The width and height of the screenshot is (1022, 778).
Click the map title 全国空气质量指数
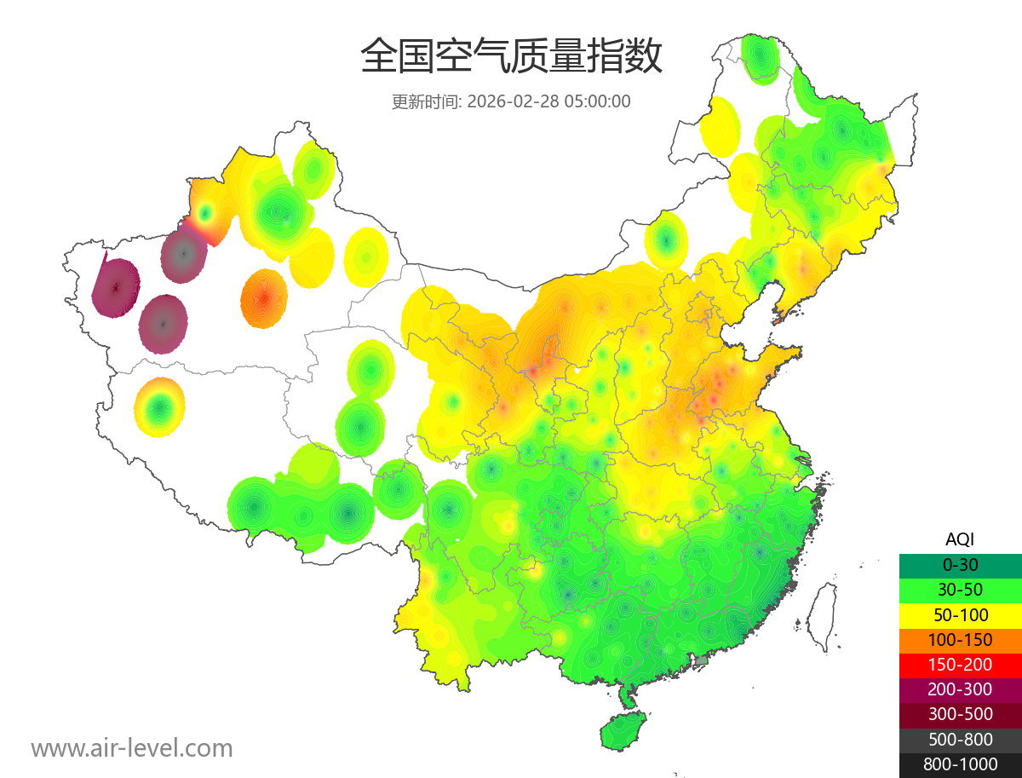pos(511,58)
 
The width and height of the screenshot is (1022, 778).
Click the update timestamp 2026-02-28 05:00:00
pos(549,101)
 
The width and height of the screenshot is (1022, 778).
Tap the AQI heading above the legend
pos(960,539)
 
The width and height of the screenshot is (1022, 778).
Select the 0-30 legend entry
pos(960,564)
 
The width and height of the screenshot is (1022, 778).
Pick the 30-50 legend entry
pos(960,589)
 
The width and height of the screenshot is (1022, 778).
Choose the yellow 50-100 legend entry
pos(960,614)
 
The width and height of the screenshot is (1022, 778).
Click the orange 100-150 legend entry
pos(960,639)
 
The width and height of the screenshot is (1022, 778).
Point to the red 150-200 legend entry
pos(960,664)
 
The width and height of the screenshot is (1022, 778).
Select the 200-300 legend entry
pos(960,689)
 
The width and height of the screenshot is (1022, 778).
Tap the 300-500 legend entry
pos(960,714)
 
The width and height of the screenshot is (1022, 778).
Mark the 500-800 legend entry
pos(960,740)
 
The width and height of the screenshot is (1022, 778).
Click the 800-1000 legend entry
pos(960,764)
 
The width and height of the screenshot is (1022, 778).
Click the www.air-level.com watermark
pos(132,748)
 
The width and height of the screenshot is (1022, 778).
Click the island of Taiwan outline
pos(821,616)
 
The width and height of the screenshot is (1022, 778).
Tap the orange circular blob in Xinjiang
pos(264,298)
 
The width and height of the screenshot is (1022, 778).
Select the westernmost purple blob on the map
pos(115,288)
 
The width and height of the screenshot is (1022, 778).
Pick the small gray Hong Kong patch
pos(702,660)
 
